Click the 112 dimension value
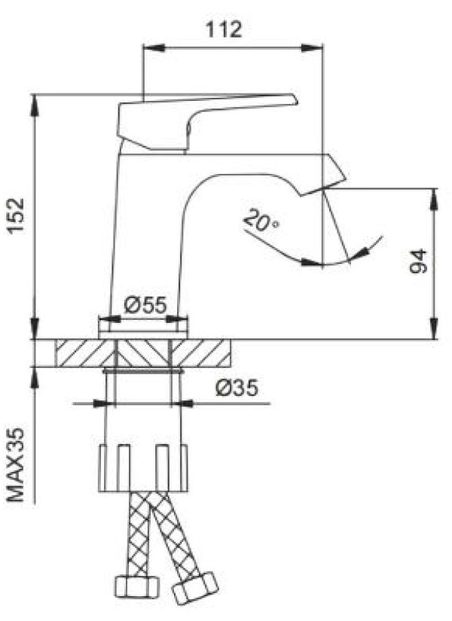[223, 29]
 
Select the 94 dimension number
[419, 261]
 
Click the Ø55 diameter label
[145, 305]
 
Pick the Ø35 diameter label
[237, 388]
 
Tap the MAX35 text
[17, 465]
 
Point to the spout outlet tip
[323, 190]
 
